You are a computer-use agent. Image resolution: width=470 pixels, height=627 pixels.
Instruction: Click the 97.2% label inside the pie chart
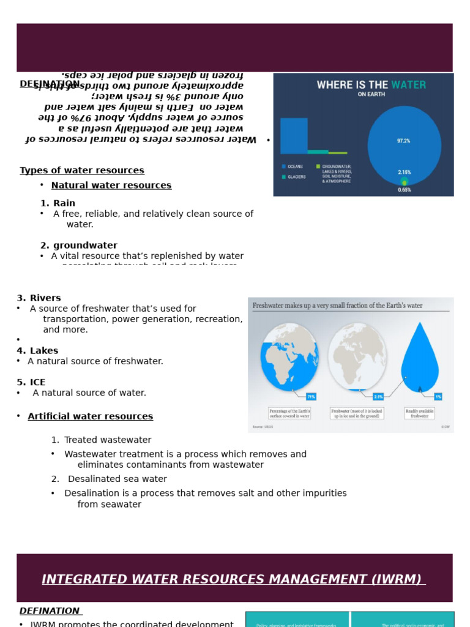coord(403,141)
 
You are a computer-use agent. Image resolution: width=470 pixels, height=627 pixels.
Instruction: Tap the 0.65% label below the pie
coord(404,190)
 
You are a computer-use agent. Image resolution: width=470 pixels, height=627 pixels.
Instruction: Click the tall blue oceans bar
coord(294,136)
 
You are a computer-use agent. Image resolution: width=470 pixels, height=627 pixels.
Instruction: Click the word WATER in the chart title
coord(409,85)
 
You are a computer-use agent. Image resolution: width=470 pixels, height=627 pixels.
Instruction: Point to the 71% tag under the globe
coord(311,397)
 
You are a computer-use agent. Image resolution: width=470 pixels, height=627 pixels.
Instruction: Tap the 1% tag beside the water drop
coord(438,397)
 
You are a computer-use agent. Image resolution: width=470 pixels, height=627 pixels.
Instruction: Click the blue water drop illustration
coord(420,361)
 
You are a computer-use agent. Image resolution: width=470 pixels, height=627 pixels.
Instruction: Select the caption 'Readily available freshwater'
coord(419,413)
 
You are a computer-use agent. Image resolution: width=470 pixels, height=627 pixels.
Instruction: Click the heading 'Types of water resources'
coord(82,171)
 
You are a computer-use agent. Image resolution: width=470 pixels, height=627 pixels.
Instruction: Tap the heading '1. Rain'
coord(58,203)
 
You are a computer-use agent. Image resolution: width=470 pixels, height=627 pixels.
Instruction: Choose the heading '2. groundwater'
coord(79,246)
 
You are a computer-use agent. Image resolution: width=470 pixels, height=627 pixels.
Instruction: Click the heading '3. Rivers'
coord(39,298)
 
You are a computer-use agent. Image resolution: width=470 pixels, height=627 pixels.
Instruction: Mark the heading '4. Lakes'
coord(37,351)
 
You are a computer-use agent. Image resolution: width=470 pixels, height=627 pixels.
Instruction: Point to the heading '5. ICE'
coord(31,383)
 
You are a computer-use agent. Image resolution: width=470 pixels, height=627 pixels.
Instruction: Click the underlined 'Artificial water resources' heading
coord(91,416)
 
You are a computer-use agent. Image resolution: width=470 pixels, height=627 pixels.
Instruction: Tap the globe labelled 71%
coord(289,358)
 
